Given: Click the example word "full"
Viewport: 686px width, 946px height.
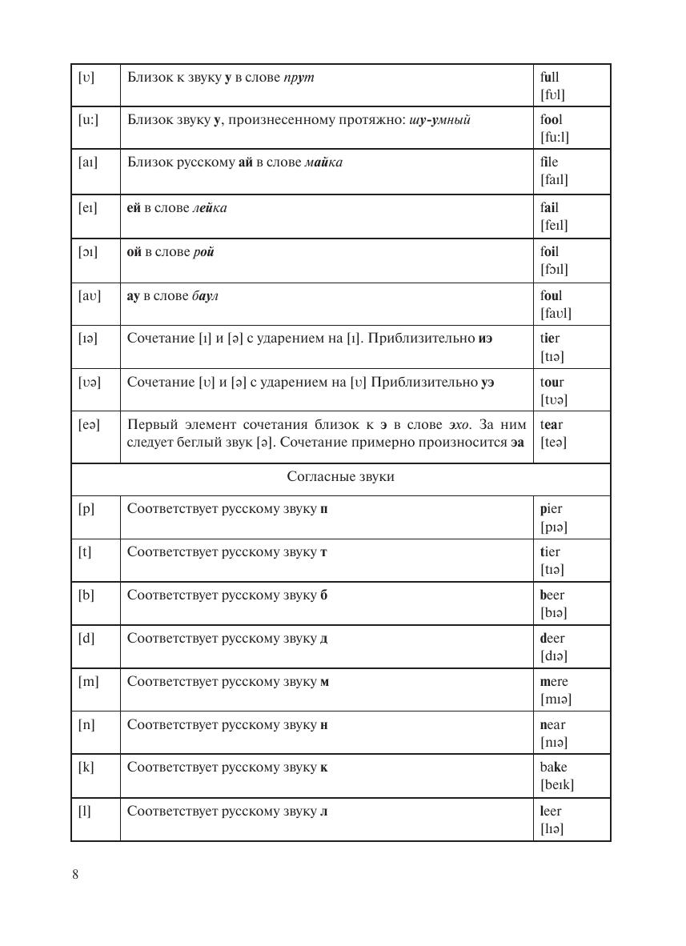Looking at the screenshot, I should click(x=549, y=78).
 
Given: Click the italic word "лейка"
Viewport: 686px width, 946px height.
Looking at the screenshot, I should click(x=210, y=208).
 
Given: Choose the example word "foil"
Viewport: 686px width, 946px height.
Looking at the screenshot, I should click(x=549, y=252).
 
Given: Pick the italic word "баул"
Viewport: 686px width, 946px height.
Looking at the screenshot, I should click(x=205, y=296).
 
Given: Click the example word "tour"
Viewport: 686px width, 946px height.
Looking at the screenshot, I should click(x=552, y=382).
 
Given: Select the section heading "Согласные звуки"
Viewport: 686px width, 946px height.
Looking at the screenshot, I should click(x=340, y=477).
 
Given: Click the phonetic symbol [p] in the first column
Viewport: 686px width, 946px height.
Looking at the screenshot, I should click(x=86, y=509).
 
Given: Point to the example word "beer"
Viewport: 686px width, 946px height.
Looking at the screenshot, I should click(x=552, y=595).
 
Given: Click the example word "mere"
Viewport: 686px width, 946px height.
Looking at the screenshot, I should click(x=554, y=682).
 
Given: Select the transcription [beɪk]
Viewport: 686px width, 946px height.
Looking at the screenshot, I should click(x=557, y=785).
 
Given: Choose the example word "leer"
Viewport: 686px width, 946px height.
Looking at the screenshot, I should click(x=551, y=812).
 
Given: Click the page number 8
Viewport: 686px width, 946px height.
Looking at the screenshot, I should click(x=75, y=874).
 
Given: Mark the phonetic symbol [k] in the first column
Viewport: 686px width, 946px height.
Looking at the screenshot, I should click(x=86, y=768).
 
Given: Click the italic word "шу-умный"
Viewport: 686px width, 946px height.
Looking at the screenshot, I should click(x=439, y=120).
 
